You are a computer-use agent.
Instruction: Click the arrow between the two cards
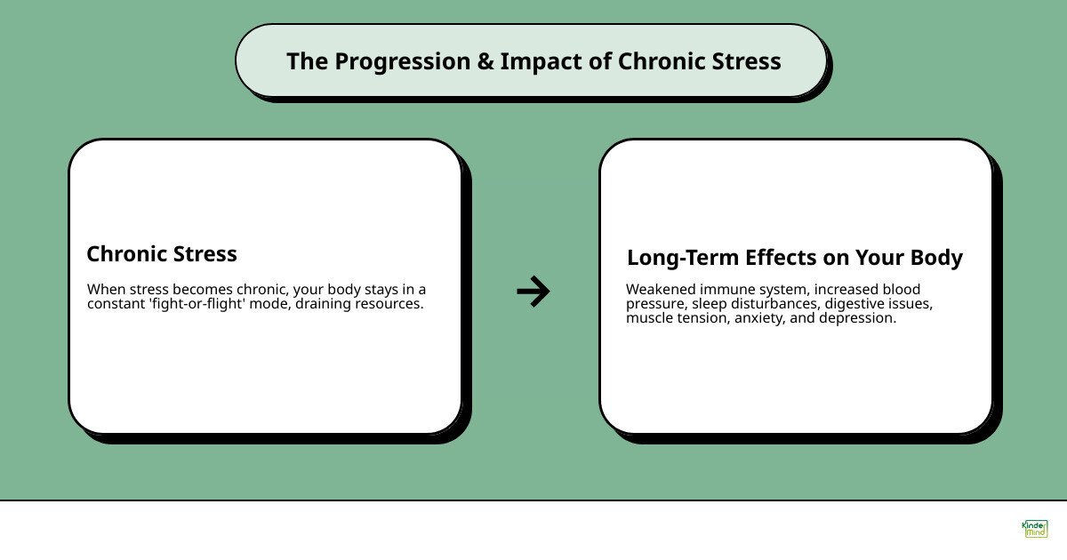point(533,291)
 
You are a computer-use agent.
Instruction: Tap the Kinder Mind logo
point(1034,530)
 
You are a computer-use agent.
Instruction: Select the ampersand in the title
point(482,61)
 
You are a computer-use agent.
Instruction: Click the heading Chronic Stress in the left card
point(162,254)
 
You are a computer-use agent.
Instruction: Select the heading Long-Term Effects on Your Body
point(794,258)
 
